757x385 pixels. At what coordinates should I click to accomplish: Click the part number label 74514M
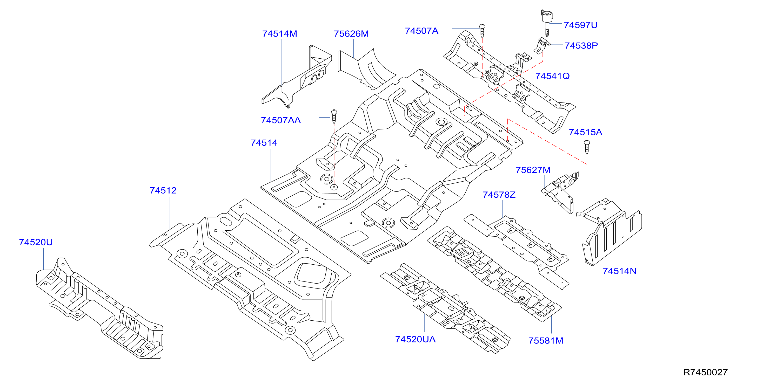point(279,34)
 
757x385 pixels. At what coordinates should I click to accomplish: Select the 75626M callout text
point(351,34)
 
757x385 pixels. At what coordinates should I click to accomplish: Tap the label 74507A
point(421,31)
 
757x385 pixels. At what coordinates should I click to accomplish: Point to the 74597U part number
point(580,25)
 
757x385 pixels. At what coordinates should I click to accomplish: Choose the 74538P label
point(581,45)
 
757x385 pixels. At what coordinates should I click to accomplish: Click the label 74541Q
point(552,76)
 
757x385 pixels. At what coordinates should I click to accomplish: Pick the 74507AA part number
point(281,120)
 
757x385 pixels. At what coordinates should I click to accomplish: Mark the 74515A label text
point(585,132)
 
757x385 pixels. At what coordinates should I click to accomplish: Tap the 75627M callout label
point(533,170)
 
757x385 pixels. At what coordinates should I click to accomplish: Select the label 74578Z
point(499,195)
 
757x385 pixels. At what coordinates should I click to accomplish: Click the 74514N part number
point(619,271)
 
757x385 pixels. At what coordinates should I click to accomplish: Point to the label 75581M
point(546,341)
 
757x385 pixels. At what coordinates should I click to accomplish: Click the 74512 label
point(163,191)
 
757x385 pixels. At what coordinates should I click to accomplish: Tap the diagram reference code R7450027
point(705,372)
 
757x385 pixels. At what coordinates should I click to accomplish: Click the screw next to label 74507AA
point(334,116)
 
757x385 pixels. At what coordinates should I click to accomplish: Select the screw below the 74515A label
point(587,147)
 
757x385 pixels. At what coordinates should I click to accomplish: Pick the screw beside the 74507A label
point(482,31)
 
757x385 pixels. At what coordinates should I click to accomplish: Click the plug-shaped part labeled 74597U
point(547,23)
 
